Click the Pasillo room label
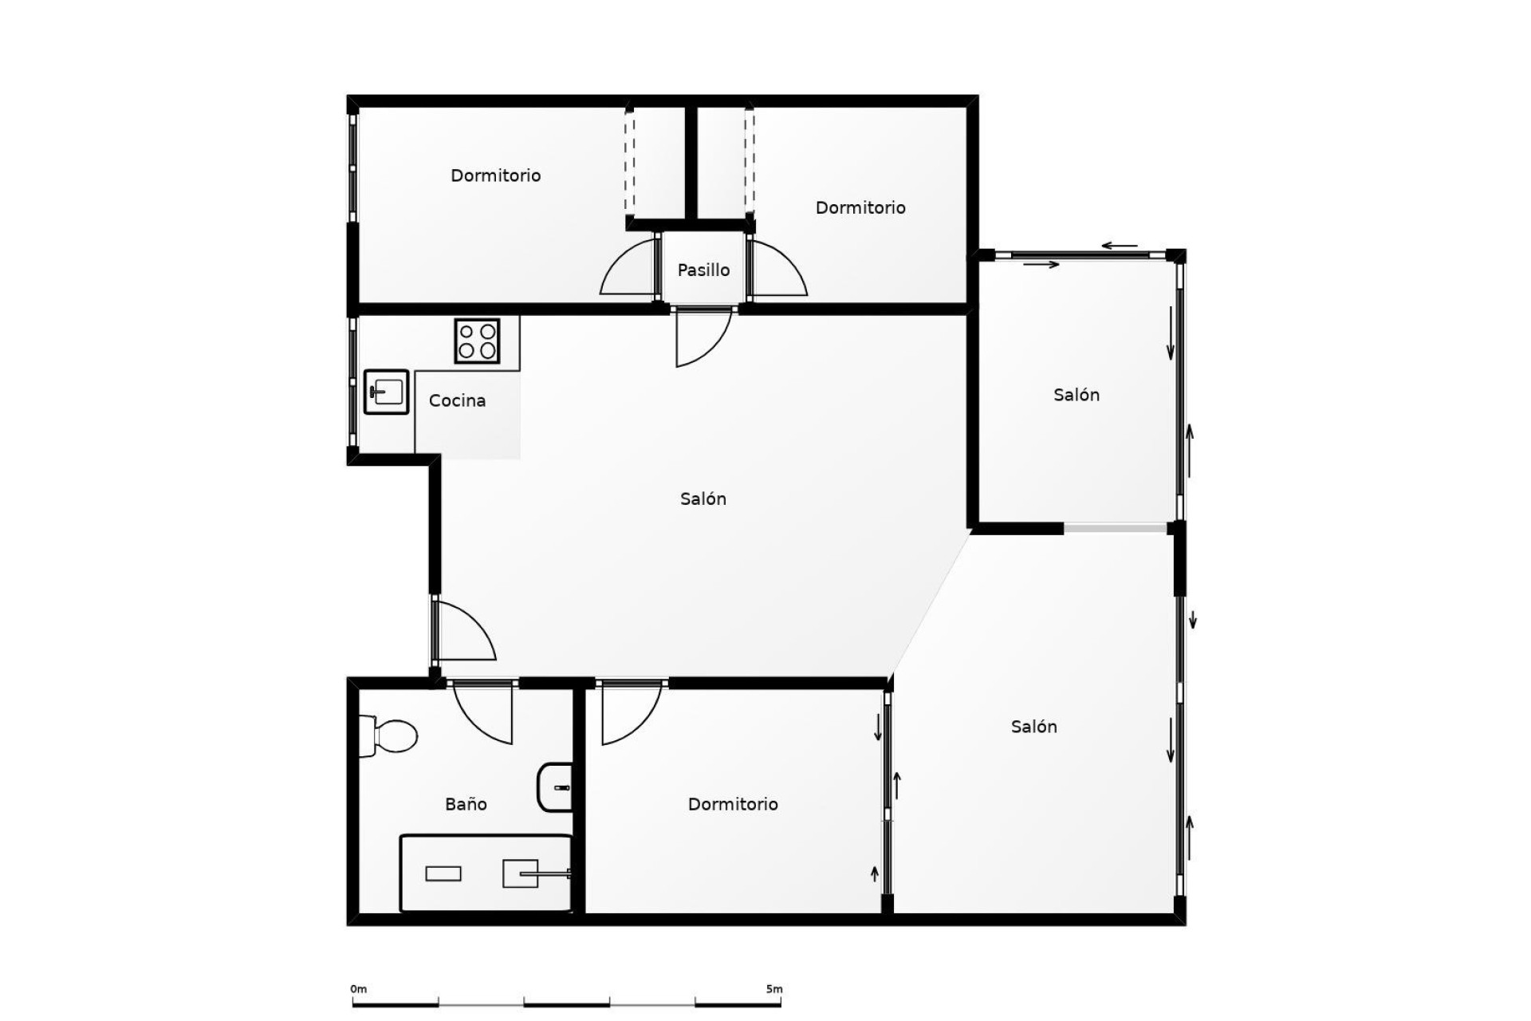click(x=703, y=270)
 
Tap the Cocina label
click(x=457, y=400)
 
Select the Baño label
click(x=466, y=804)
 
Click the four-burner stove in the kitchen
click(x=477, y=341)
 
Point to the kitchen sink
click(x=387, y=392)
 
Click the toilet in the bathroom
click(x=390, y=735)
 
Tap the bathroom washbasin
click(x=556, y=787)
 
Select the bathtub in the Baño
click(x=486, y=873)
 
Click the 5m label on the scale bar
click(x=773, y=989)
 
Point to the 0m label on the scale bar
click(x=359, y=989)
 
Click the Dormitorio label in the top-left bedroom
click(x=495, y=175)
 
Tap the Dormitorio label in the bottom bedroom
click(x=733, y=804)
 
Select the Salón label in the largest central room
click(x=703, y=499)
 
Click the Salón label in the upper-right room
click(x=1076, y=395)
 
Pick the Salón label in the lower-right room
click(x=1033, y=727)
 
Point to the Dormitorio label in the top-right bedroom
click(x=860, y=207)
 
